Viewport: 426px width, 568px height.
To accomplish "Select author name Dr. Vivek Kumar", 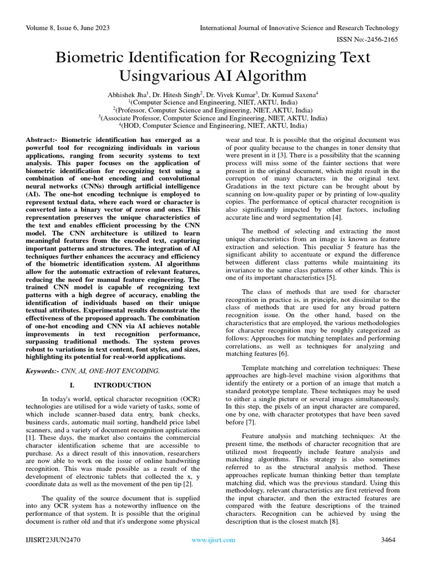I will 234,95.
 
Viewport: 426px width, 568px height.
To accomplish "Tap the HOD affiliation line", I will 213,126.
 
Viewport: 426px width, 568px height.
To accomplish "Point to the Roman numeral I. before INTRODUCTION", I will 72,385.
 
